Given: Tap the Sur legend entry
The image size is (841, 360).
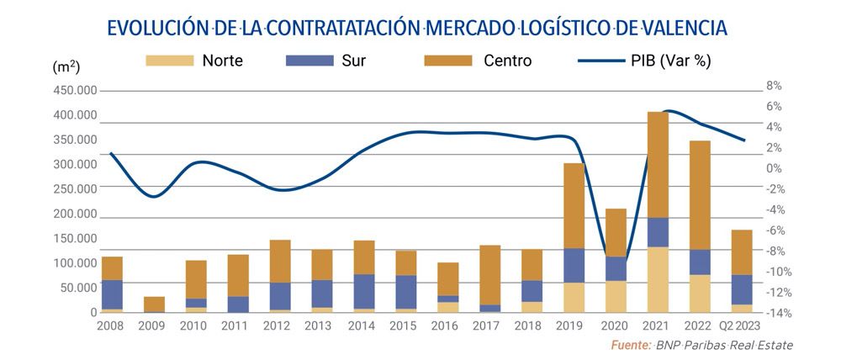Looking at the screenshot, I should (332, 61).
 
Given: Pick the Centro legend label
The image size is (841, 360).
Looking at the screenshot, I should (507, 61).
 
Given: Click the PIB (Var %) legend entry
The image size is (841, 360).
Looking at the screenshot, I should (643, 61).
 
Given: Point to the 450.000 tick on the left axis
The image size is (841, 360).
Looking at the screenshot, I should (75, 91).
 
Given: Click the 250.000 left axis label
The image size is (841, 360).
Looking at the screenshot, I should (75, 189).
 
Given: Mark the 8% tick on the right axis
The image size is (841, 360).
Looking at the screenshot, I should (775, 86).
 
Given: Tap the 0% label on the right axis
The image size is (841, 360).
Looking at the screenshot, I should (775, 168).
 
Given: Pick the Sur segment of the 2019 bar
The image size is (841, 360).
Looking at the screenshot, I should (574, 265).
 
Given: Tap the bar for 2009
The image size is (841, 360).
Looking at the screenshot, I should (154, 304).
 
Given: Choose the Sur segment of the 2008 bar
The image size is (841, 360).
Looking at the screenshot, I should (112, 294).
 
